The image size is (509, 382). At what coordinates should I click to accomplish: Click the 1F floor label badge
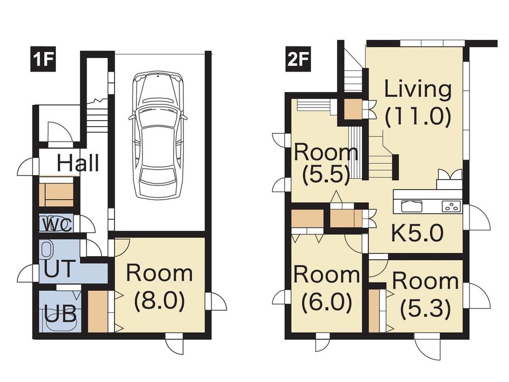[42, 61]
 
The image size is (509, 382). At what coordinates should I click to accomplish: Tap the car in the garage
[158, 135]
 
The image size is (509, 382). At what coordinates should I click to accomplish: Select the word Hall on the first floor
[77, 164]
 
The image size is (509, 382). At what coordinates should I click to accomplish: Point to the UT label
[60, 269]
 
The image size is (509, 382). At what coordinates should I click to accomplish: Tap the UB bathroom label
[60, 314]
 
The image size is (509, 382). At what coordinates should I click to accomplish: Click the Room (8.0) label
[159, 287]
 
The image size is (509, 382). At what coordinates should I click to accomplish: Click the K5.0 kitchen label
[417, 233]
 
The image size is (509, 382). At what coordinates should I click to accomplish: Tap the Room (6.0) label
[326, 289]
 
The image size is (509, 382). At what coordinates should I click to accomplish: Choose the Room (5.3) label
[425, 294]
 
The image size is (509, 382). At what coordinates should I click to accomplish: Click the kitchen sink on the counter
[411, 206]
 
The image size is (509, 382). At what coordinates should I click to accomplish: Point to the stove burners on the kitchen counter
[451, 206]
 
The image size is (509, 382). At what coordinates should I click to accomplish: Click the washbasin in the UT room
[47, 249]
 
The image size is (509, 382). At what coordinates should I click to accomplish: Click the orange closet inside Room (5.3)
[374, 310]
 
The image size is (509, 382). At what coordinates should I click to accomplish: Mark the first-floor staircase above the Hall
[97, 116]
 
